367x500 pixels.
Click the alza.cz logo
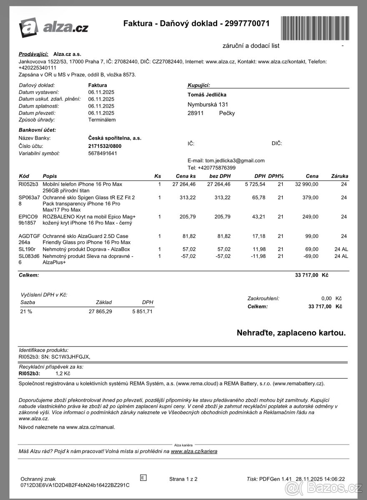(53, 27)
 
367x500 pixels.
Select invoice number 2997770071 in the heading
(247, 24)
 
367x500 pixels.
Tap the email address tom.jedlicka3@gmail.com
(235, 160)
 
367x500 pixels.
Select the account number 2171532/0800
(105, 146)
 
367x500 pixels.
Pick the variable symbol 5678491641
(103, 153)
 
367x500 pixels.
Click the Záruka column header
(339, 176)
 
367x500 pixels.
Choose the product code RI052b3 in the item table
(28, 184)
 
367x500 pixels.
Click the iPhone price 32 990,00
(307, 184)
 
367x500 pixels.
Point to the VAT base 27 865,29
(100, 311)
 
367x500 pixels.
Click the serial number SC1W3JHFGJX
(67, 357)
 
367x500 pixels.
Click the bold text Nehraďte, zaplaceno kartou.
(291, 333)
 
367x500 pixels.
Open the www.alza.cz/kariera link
(194, 451)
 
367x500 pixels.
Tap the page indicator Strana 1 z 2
(183, 479)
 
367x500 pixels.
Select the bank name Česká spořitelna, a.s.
(115, 138)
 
